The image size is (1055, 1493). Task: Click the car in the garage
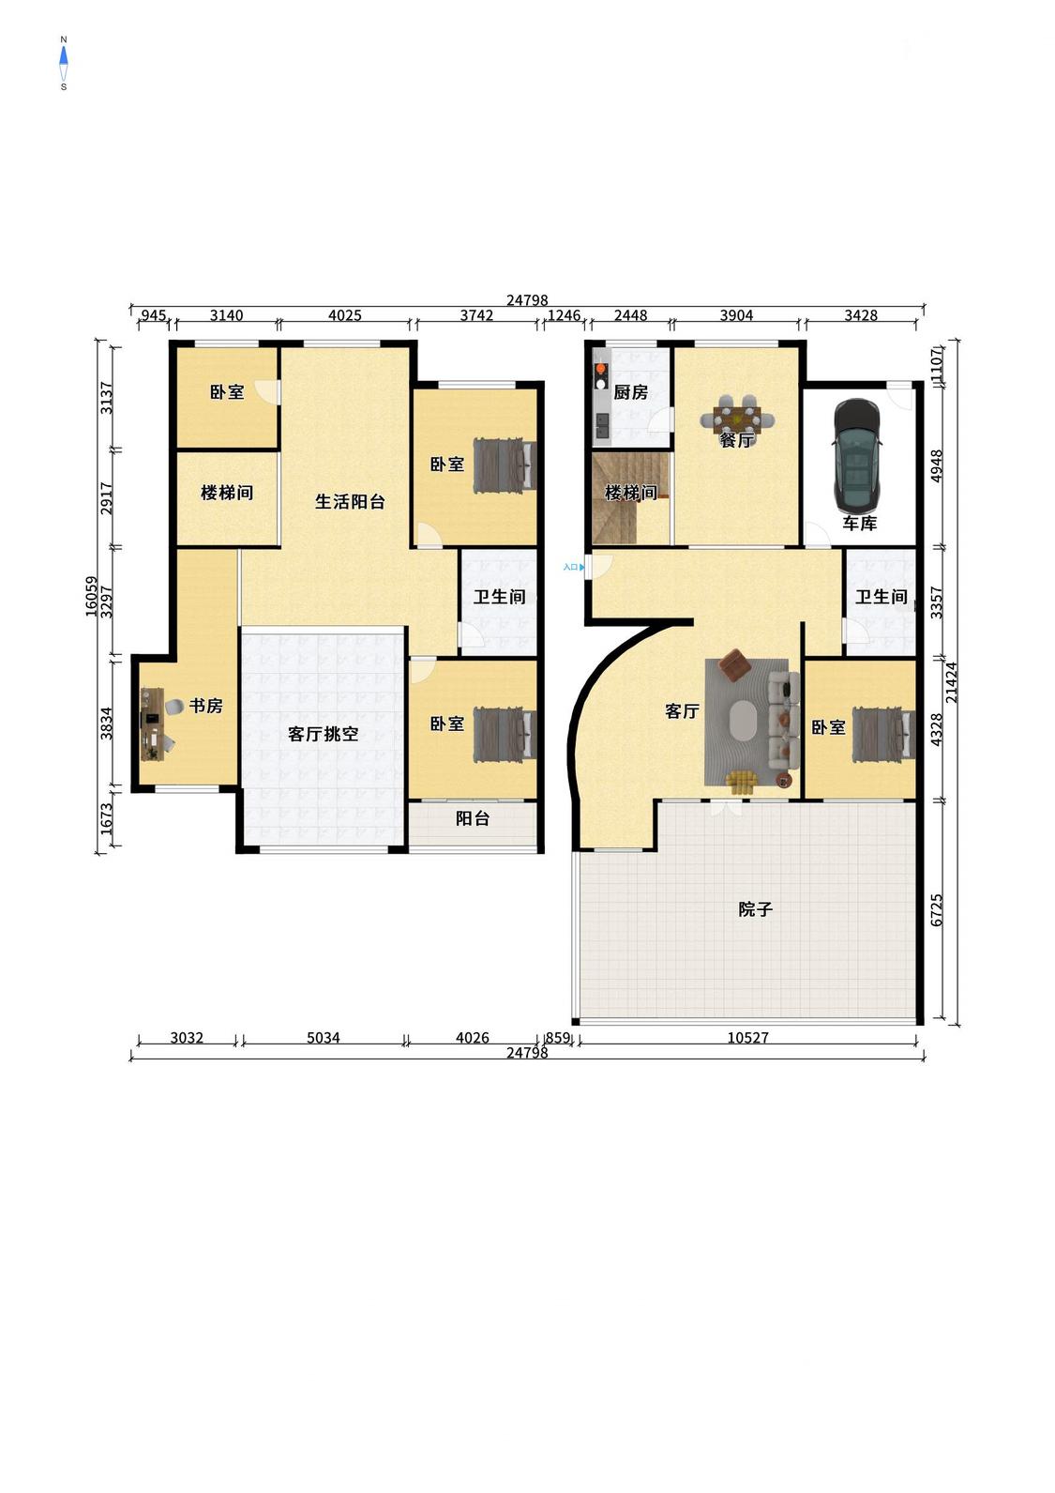(857, 453)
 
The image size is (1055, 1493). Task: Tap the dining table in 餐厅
(737, 419)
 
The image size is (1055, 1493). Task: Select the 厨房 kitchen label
(630, 392)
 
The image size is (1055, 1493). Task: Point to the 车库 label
(859, 524)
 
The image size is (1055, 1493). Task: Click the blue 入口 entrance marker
(574, 567)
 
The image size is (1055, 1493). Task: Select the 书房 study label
(205, 705)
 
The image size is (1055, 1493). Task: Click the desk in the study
(153, 724)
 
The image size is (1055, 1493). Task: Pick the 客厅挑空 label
(323, 734)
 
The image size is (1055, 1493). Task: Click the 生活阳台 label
(350, 501)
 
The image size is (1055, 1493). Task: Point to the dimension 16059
(92, 596)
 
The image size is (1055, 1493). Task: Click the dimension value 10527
(748, 1038)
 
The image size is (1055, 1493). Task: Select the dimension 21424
(952, 682)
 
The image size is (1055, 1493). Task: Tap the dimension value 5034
(323, 1038)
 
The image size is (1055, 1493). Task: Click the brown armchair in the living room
(735, 665)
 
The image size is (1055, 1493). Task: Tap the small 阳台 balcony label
(473, 818)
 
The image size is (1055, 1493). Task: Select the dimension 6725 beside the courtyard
(937, 910)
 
